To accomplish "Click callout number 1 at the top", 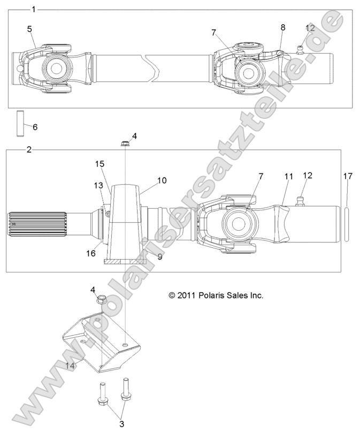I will pos(34,9).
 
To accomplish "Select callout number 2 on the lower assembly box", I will pos(29,150).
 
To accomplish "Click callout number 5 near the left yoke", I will pos(29,28).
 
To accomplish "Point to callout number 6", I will pos(35,127).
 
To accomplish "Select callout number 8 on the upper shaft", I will pos(282,27).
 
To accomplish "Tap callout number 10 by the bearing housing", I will pos(162,180).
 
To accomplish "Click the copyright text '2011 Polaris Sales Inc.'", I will pos(216,295).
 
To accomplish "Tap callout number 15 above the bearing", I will pos(99,163).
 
